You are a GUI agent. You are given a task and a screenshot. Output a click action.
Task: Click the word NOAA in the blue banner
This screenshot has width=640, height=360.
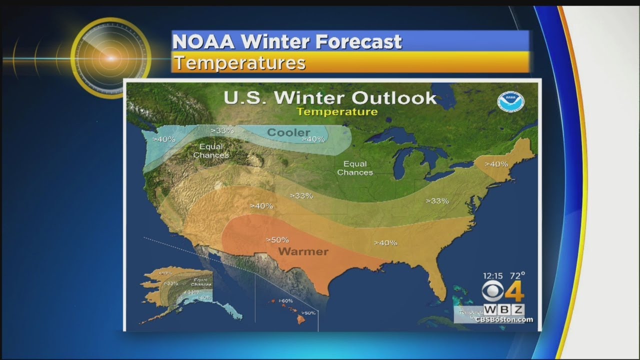204,42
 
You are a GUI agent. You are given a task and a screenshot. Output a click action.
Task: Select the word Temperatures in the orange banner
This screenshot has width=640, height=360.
239,63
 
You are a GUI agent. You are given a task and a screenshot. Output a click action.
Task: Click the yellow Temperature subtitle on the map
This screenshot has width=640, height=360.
337,111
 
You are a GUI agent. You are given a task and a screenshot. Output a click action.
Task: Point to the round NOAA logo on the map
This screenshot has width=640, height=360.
510,101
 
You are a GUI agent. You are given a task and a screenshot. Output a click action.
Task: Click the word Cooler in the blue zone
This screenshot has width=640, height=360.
288,132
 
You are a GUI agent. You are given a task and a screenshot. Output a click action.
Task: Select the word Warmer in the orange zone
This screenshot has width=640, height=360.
303,251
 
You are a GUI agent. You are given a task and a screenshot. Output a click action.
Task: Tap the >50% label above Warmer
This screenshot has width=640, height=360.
277,239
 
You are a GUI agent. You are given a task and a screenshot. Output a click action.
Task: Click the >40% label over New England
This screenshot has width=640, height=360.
496,163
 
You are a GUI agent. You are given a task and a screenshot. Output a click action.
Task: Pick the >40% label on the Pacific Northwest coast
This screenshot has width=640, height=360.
164,139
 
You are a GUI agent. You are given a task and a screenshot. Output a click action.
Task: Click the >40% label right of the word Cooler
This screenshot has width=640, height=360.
313,139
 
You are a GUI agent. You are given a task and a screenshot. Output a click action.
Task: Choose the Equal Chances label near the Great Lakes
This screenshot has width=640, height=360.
355,168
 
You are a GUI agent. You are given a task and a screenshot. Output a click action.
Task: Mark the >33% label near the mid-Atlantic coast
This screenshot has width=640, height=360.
437,200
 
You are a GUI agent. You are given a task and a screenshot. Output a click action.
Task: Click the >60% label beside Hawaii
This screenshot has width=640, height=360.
286,300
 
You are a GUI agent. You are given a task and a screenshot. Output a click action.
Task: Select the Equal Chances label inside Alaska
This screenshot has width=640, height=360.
201,282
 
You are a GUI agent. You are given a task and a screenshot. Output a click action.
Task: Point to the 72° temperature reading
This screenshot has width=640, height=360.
518,275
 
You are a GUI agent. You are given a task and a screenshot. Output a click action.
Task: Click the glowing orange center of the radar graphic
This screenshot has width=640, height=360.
110,58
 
